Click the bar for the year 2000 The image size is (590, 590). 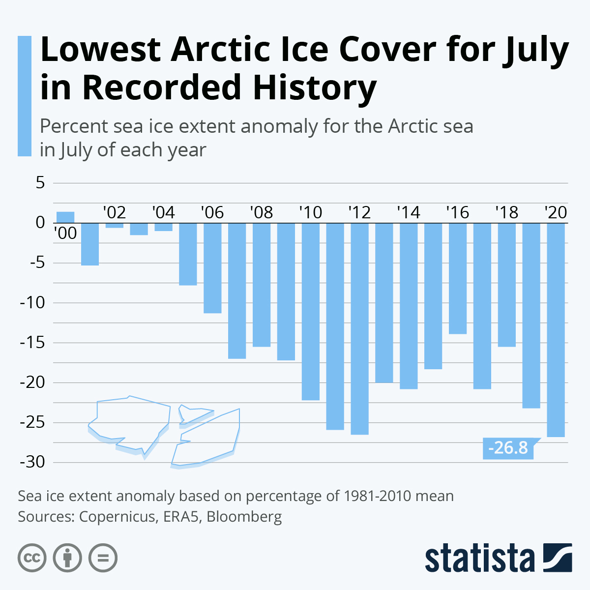pos(65,217)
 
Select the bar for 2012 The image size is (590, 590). pos(359,328)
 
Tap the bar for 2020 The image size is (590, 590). pos(556,329)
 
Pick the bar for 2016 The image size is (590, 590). pos(458,278)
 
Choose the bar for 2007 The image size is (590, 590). pos(237,291)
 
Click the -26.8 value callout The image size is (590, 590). pos(508,448)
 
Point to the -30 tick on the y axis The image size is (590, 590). pos(32,463)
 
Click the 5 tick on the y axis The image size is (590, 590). pos(40,183)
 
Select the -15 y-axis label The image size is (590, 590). pos(32,343)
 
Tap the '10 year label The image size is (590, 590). pos(310,212)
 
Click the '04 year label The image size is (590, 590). pos(163,212)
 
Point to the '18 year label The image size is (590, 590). pos(506,212)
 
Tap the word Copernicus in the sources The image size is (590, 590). pos(117,517)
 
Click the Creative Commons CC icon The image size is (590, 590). pos(32,558)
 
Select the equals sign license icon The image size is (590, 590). pos(103,558)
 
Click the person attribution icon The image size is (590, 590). pos(67,558)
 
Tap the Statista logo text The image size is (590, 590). pos(480,559)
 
